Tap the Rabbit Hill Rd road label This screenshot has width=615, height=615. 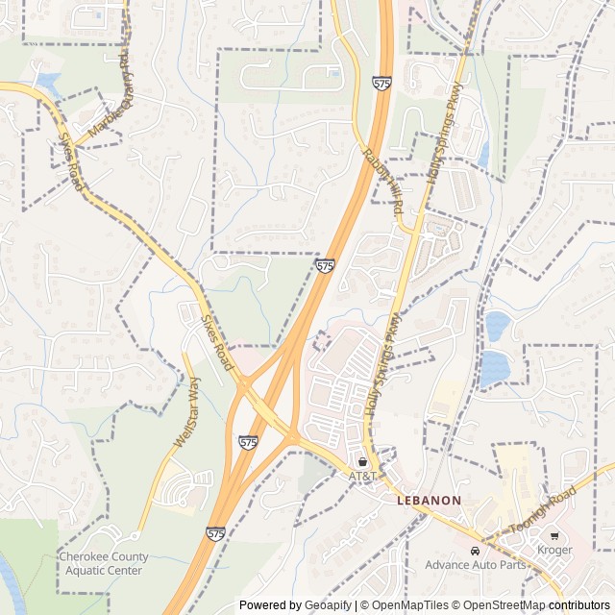click(x=382, y=188)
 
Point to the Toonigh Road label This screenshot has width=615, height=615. click(x=543, y=510)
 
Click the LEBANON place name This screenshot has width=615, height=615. click(x=430, y=501)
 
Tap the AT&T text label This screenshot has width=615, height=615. click(x=362, y=476)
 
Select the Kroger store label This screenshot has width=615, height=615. click(x=555, y=550)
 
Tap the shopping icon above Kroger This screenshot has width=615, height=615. click(x=555, y=535)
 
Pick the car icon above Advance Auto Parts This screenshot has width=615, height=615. click(x=475, y=550)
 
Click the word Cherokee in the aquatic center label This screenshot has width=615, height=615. click(x=83, y=556)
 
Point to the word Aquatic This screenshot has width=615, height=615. click(x=90, y=570)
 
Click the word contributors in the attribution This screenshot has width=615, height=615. click(x=579, y=605)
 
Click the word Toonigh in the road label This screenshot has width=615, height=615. click(x=530, y=517)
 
